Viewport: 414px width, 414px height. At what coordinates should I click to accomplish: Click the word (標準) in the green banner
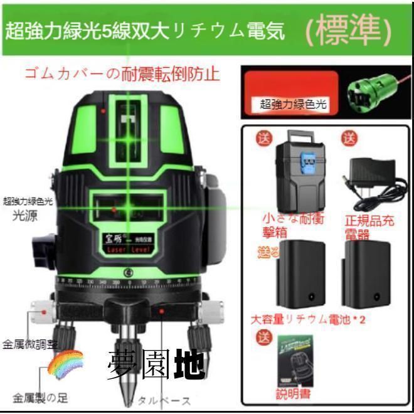click(348, 30)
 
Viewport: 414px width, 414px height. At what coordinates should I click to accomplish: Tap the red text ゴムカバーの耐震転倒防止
click(122, 74)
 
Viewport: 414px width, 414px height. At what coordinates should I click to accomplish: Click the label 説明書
click(293, 395)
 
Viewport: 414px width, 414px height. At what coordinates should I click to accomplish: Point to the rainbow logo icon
click(66, 363)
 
